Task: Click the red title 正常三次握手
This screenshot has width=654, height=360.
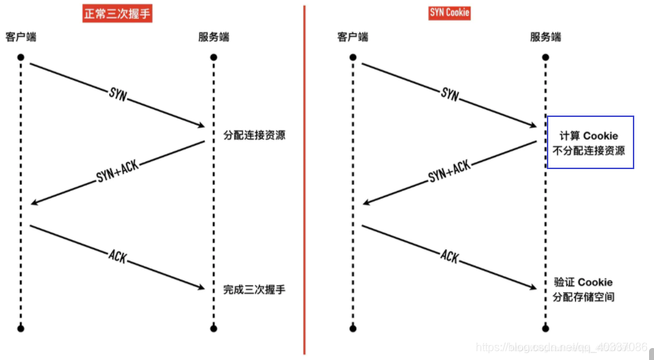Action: coord(117,13)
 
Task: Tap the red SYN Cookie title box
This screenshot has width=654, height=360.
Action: coord(450,13)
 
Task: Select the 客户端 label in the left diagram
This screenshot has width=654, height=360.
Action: coord(21,37)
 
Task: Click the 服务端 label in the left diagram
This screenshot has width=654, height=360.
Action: coord(214,37)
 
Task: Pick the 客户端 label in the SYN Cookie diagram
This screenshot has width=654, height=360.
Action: coord(352,37)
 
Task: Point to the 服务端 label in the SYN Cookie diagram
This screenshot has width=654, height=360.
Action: coord(545,37)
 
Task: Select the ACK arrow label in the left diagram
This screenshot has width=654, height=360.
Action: coord(118,256)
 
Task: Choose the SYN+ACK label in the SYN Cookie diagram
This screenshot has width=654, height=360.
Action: coord(449,172)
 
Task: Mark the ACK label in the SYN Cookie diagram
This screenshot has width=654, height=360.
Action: coord(450,256)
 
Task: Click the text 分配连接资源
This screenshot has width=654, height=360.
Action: coord(254,135)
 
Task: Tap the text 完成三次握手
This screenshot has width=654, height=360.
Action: coord(254,290)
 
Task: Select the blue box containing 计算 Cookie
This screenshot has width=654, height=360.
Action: coord(591,142)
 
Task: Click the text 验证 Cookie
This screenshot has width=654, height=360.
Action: coord(583,283)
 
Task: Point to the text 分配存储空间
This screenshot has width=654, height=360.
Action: coord(584,297)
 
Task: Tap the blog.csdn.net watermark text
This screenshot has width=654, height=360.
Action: coord(561,347)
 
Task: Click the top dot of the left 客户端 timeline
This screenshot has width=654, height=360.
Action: coord(21,57)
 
